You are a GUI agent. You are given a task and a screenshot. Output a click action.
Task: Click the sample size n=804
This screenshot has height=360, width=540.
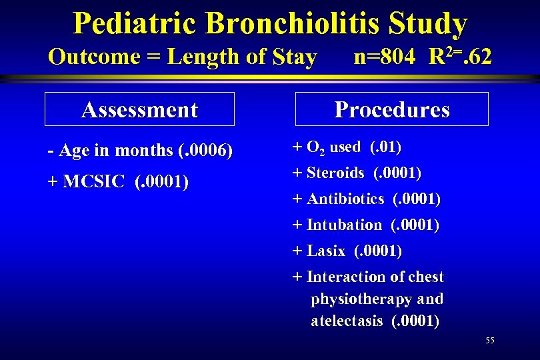pyautogui.click(x=387, y=57)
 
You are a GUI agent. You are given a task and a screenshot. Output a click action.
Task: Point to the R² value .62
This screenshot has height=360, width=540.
pyautogui.click(x=477, y=57)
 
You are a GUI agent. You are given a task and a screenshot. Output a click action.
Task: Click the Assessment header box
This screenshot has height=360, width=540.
pyautogui.click(x=139, y=109)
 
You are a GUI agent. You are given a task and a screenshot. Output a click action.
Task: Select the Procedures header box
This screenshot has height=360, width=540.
pyautogui.click(x=392, y=109)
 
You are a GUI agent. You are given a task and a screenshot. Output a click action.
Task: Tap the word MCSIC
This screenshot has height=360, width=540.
pyautogui.click(x=93, y=182)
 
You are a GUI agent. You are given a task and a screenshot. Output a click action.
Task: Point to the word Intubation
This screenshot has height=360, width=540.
pyautogui.click(x=344, y=225)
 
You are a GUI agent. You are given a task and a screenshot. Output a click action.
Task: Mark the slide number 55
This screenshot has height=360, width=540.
pyautogui.click(x=490, y=341)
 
